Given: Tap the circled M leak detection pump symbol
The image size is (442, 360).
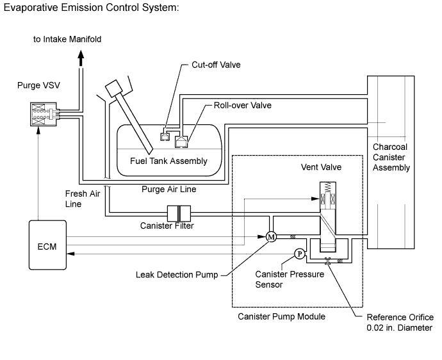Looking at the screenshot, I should (x=270, y=236).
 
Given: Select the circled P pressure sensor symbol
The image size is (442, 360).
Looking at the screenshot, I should (x=299, y=254).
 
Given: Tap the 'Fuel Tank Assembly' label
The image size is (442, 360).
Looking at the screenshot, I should (x=168, y=161).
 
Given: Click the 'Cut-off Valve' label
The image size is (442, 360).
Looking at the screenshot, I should (x=217, y=65).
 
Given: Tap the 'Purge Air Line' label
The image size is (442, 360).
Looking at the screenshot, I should (x=168, y=189).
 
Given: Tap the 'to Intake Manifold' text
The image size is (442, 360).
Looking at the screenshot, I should (x=67, y=39).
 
